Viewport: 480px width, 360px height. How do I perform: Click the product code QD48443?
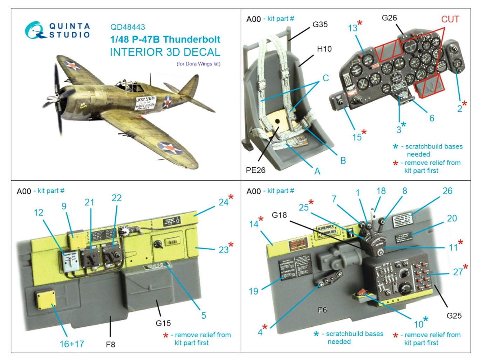[x=128, y=27]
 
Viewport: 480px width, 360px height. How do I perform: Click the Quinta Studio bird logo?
[x=35, y=30]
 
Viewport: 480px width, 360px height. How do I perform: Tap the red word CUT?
[x=450, y=19]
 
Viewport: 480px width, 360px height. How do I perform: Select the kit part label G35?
[x=320, y=25]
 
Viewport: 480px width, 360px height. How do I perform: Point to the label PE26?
[x=255, y=170]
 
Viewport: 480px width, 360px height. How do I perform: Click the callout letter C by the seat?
[x=325, y=78]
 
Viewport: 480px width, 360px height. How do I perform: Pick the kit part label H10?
[x=324, y=49]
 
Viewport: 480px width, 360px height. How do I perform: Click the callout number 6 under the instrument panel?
[x=432, y=118]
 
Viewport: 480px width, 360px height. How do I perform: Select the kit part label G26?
[x=389, y=18]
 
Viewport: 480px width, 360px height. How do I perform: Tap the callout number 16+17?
[x=72, y=344]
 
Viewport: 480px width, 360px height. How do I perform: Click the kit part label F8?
[x=110, y=345]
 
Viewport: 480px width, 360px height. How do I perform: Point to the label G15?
[x=163, y=323]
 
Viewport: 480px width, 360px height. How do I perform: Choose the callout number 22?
[x=117, y=198]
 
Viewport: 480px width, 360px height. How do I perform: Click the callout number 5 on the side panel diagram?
[x=204, y=316]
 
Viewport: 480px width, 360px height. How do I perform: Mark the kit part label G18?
[x=279, y=215]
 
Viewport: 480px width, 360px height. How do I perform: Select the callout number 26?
[x=447, y=191]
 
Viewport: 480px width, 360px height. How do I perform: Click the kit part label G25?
[x=454, y=316]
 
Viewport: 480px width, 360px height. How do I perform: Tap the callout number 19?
[x=253, y=291]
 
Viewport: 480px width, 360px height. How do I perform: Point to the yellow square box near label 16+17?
[x=46, y=300]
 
